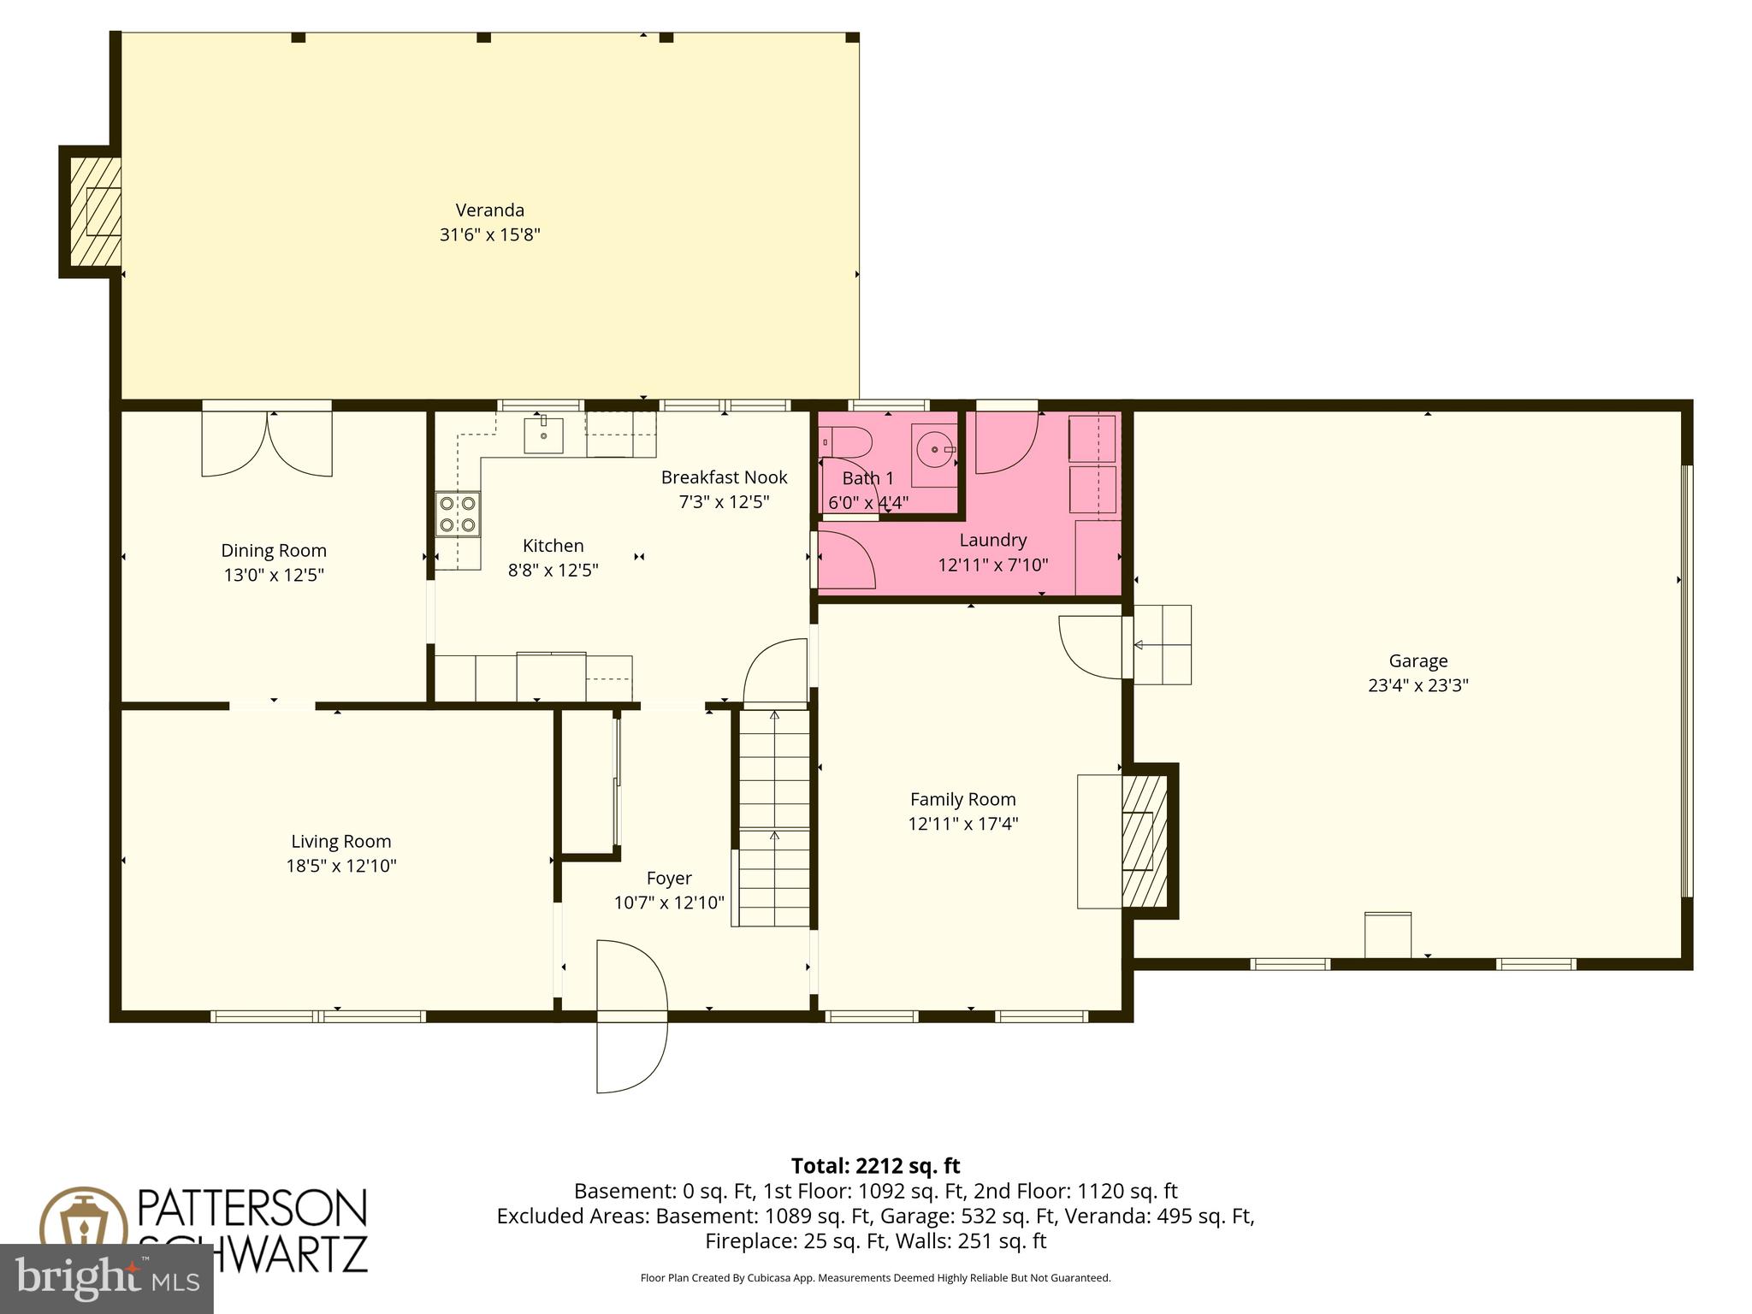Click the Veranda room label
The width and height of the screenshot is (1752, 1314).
click(x=489, y=210)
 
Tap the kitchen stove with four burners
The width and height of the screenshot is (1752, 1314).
click(x=457, y=514)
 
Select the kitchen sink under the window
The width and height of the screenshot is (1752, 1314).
click(x=543, y=435)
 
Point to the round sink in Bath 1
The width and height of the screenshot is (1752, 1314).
click(x=934, y=448)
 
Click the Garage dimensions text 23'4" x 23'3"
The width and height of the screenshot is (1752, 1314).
click(x=1418, y=685)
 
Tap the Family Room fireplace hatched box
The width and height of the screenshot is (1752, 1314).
click(x=1144, y=841)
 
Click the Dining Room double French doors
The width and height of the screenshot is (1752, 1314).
click(x=267, y=443)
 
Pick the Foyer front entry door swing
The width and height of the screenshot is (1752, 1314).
click(x=630, y=1017)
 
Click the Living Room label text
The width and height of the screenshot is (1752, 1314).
click(x=340, y=841)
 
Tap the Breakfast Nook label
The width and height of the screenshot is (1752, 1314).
click(x=724, y=477)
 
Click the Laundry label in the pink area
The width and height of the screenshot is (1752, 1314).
click(x=992, y=540)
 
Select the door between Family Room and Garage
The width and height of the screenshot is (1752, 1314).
click(x=1092, y=647)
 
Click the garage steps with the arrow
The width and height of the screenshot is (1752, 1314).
click(x=1162, y=644)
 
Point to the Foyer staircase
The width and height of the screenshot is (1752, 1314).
click(x=774, y=819)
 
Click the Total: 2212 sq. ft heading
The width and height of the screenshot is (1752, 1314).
click(x=875, y=1166)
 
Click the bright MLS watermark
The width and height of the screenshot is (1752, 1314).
click(x=106, y=1278)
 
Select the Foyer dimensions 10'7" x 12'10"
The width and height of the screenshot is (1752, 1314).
click(x=668, y=903)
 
